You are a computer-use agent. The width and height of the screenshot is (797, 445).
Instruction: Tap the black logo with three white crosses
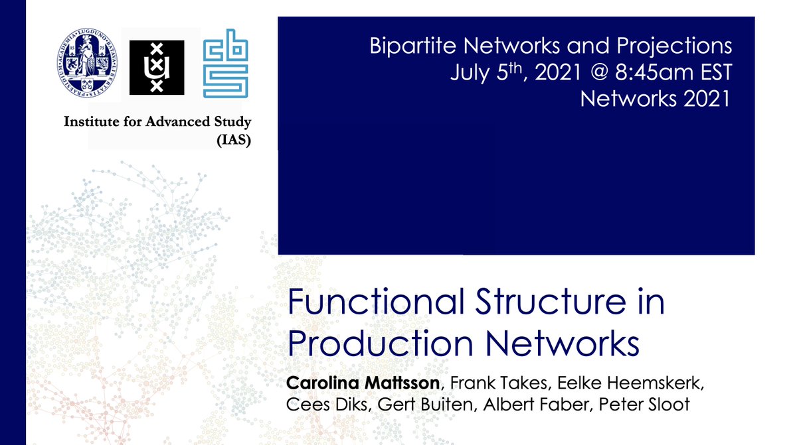[x=157, y=68]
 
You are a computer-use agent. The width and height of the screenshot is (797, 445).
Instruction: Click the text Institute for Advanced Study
[x=157, y=123]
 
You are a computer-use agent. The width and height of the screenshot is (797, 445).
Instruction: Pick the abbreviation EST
[x=708, y=72]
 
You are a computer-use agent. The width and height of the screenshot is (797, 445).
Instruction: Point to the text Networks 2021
[x=656, y=99]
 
